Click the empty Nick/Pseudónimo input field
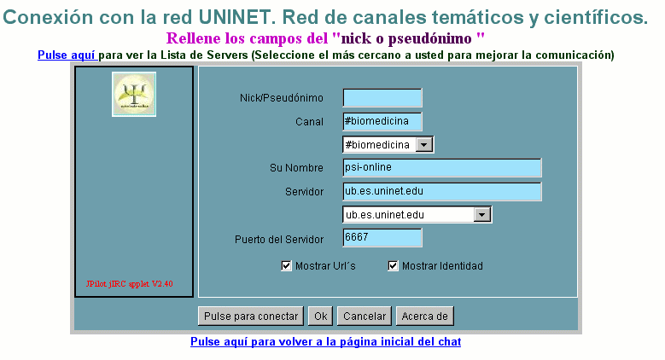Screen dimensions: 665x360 click(382, 98)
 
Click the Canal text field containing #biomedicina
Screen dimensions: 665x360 click(382, 122)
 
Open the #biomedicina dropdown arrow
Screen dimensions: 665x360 click(423, 144)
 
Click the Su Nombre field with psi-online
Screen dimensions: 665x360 click(442, 167)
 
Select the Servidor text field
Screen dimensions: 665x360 click(442, 191)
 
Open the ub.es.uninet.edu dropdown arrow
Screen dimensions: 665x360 click(481, 215)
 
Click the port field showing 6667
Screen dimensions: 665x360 click(382, 237)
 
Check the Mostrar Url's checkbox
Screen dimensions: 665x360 click(286, 266)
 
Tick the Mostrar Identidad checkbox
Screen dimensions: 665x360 click(393, 266)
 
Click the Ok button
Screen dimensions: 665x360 click(321, 316)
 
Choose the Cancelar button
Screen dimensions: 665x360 click(365, 316)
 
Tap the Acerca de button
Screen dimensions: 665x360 click(424, 316)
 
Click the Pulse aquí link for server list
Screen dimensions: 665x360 click(67, 55)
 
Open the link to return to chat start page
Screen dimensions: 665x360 click(326, 342)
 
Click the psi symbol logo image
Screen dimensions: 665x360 click(134, 94)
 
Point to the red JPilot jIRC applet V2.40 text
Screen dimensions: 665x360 click(130, 284)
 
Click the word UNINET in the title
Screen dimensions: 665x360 click(240, 17)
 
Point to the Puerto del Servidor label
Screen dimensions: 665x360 click(279, 240)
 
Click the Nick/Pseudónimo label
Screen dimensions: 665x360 click(282, 98)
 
